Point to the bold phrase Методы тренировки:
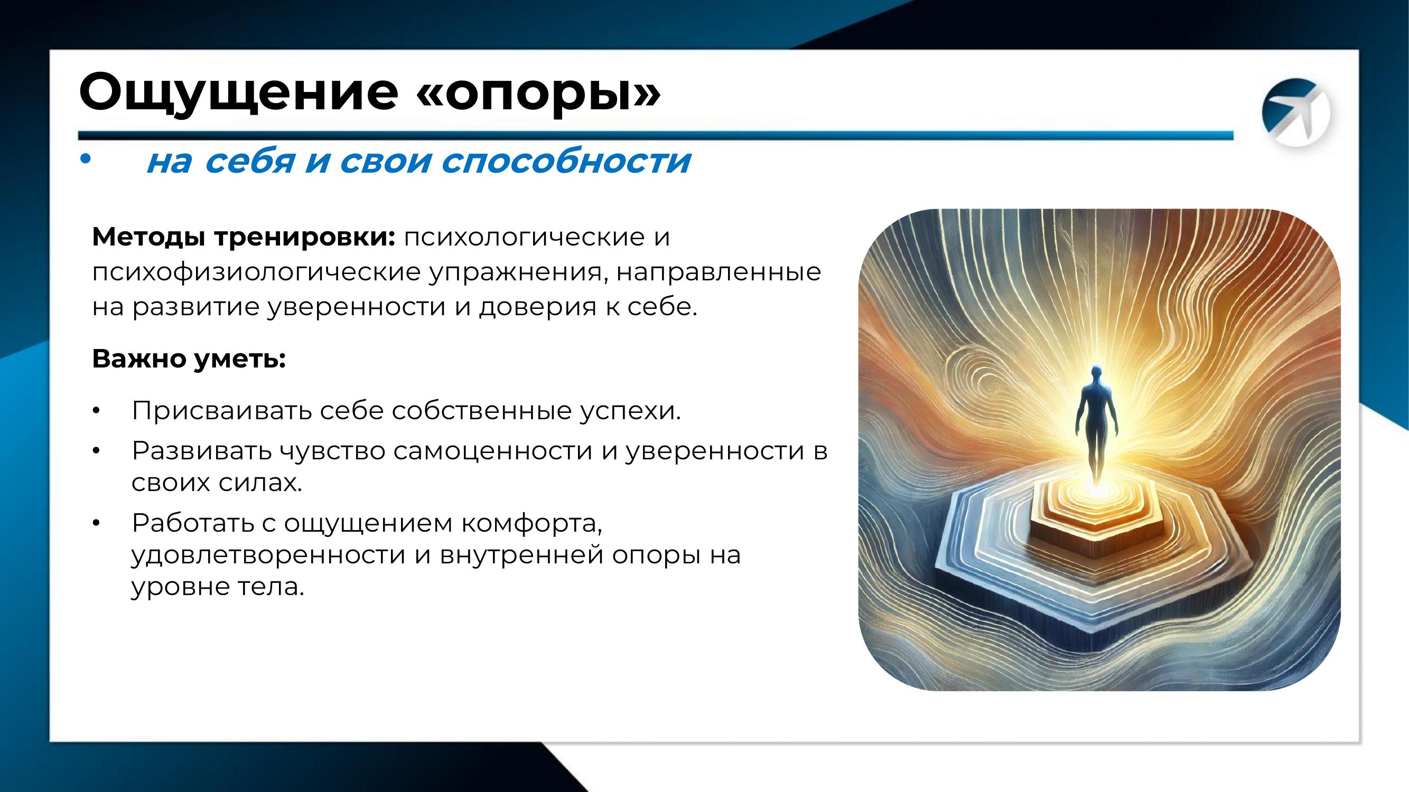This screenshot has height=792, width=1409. tap(244, 237)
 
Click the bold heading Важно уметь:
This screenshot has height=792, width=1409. tap(189, 359)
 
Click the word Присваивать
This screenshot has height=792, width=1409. tap(221, 411)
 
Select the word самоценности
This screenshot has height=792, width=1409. tap(493, 450)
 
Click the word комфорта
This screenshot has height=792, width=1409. tap(531, 523)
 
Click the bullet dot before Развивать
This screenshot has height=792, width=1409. tap(96, 450)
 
